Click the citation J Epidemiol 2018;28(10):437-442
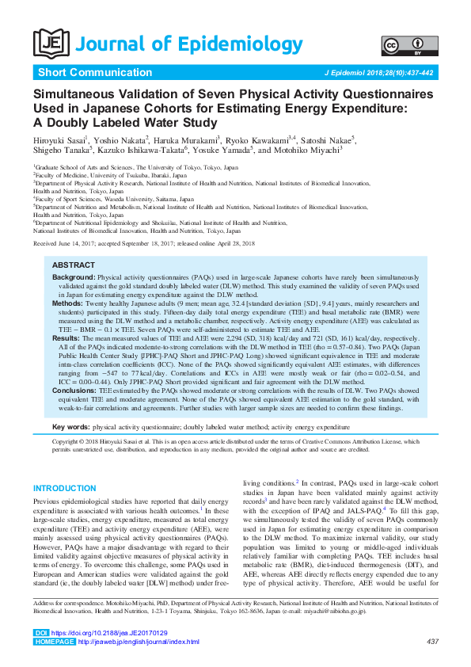(379, 73)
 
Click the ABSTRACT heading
(73, 265)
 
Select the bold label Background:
(74, 278)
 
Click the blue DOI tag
(41, 633)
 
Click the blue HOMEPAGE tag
(51, 642)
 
